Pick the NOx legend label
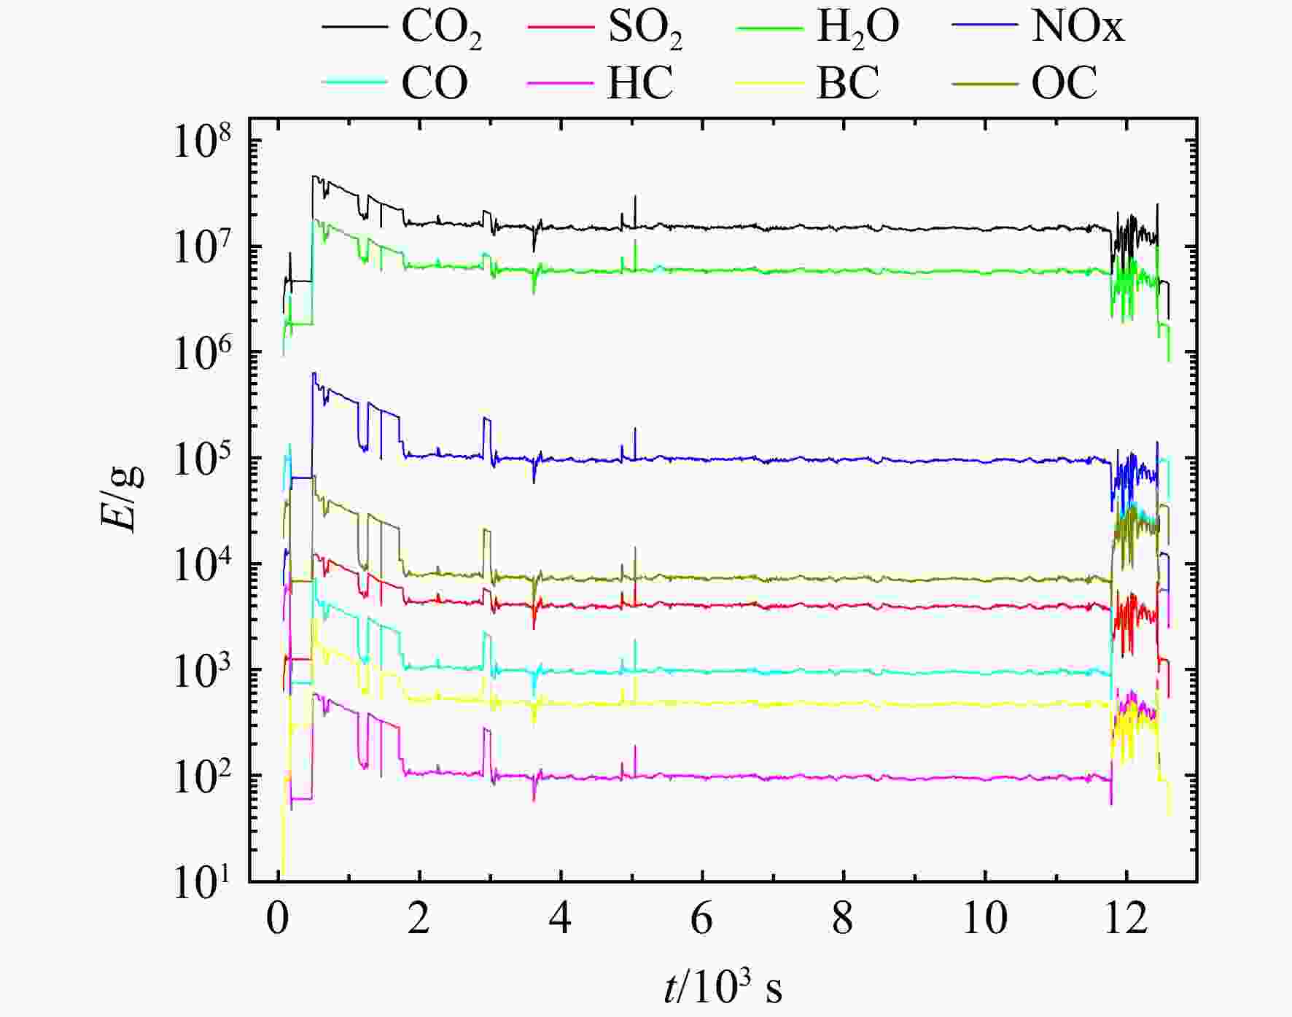1077,28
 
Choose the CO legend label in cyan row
434,83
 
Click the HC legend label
639,83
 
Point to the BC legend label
847,83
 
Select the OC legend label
1063,83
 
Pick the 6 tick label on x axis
701,919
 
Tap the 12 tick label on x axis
1126,919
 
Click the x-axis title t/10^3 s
723,988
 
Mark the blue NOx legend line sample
984,27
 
